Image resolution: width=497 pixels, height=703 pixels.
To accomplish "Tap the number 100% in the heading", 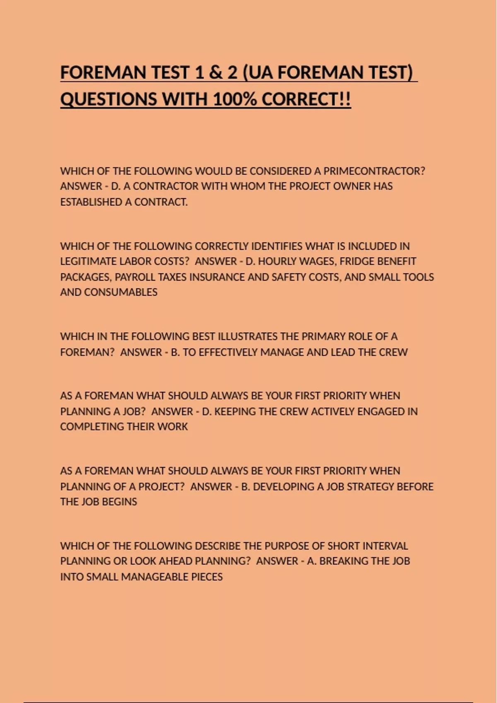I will [x=234, y=100].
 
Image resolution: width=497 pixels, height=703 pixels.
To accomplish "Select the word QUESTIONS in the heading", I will [x=109, y=100].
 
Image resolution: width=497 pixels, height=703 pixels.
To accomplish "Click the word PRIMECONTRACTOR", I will [x=374, y=171].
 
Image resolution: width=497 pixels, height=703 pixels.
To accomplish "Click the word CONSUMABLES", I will [x=121, y=292].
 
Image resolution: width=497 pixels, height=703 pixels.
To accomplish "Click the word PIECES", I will [x=207, y=577].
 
